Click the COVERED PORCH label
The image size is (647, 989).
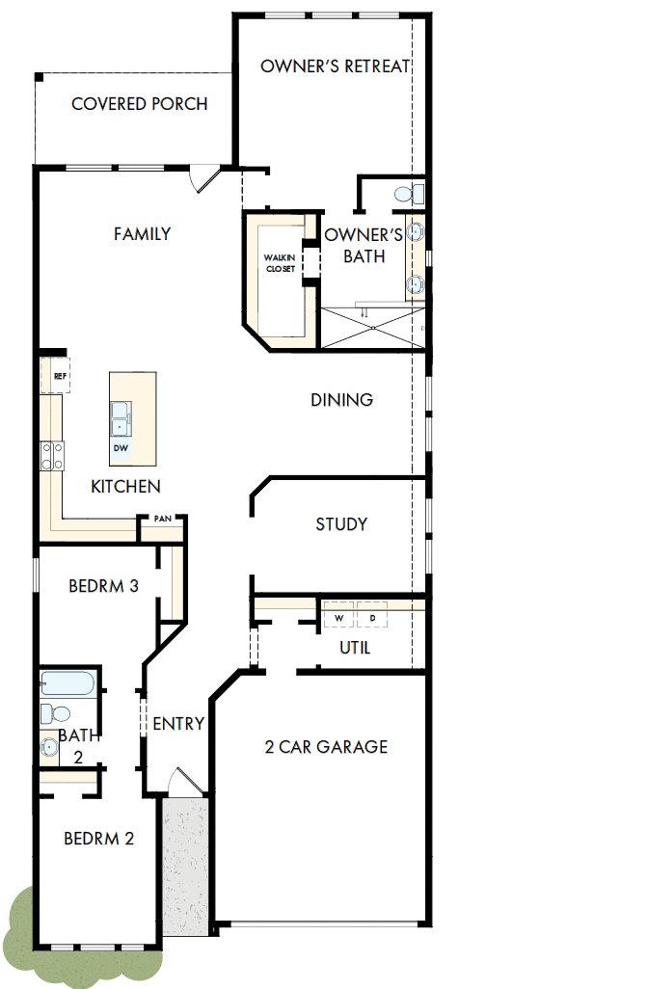139,104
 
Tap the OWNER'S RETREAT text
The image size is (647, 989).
336,67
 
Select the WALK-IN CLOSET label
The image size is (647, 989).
281,263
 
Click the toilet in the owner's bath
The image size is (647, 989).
407,194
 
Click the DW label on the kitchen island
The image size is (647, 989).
121,448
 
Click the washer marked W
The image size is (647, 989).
338,617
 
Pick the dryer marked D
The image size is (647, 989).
372,617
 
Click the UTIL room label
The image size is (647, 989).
355,648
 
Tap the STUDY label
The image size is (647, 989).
341,524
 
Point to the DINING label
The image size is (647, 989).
341,400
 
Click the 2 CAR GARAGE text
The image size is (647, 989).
326,746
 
